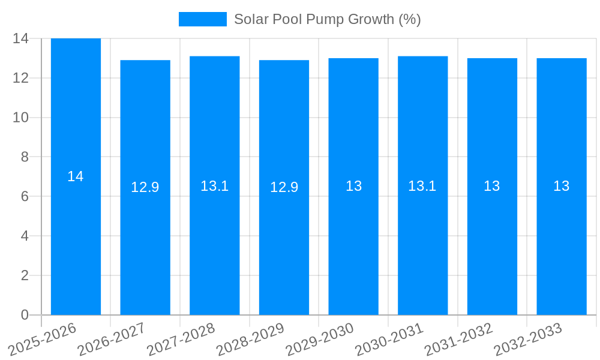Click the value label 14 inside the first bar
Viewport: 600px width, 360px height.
[x=76, y=176]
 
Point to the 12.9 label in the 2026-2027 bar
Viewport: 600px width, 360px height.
[x=145, y=187]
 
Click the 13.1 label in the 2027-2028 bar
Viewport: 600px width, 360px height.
[x=214, y=186]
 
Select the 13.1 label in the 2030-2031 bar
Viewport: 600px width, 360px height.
[x=422, y=186]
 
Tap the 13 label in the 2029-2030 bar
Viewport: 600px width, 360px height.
[x=353, y=186]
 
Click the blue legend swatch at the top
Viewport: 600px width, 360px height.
[x=203, y=19]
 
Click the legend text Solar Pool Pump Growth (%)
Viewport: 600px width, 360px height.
[x=327, y=19]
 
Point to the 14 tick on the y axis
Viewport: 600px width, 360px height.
[x=20, y=38]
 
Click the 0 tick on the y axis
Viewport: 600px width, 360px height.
[x=25, y=315]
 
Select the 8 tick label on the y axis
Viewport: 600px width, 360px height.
[x=25, y=157]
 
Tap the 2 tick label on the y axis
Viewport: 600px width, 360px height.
[x=25, y=275]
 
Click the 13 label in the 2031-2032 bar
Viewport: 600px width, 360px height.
[x=492, y=186]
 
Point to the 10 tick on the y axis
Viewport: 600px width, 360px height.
[x=20, y=118]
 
